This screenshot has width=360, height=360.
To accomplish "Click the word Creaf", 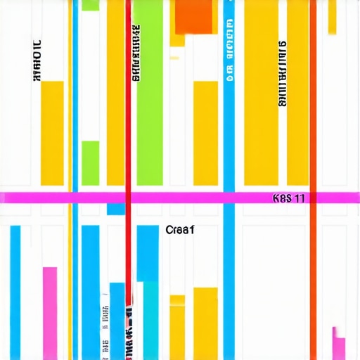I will click(x=180, y=229).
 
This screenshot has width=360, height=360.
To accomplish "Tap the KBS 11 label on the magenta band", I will click(x=288, y=198).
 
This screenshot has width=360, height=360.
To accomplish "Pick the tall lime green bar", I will click(x=149, y=91).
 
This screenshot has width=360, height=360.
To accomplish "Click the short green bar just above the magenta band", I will click(x=90, y=162).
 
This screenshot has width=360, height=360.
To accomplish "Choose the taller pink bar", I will click(x=50, y=313).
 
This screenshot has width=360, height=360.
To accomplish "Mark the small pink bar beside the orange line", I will click(x=339, y=345).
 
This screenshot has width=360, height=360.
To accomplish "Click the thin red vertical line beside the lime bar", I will click(x=128, y=141).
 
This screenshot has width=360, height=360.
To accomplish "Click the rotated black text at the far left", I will click(x=37, y=60).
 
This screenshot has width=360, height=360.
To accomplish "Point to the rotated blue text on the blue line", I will click(x=229, y=53).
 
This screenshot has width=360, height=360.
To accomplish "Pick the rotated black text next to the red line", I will click(x=136, y=53).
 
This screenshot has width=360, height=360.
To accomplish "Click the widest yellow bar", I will click(x=261, y=91).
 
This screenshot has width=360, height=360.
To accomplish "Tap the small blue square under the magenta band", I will click(x=115, y=209).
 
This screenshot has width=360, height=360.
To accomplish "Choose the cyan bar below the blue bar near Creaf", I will click(x=151, y=320).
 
